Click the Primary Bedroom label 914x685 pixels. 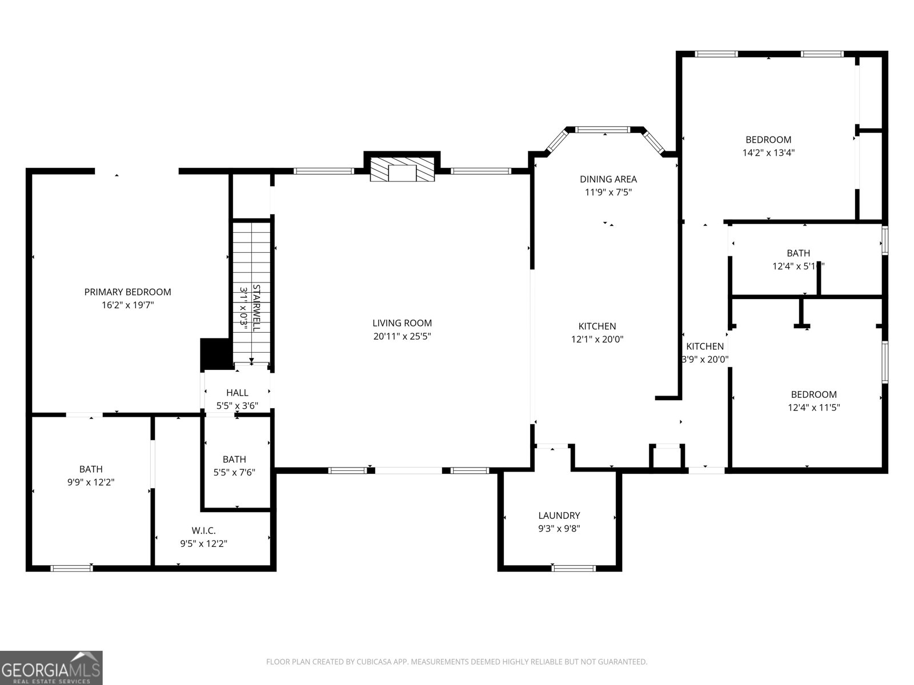point(127,292)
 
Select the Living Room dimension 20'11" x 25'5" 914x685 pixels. point(402,337)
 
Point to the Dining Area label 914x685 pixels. point(608,179)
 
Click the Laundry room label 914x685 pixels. point(559,515)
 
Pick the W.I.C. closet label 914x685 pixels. point(203,530)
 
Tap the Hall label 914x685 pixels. point(237,393)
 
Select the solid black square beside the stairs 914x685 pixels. point(216,354)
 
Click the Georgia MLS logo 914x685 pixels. point(51,668)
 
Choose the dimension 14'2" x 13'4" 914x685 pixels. point(768,153)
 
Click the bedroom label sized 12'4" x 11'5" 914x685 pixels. point(813,394)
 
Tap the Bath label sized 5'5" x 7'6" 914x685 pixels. point(234,459)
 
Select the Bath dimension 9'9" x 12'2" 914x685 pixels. point(91,482)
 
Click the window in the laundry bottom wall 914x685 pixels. point(574,568)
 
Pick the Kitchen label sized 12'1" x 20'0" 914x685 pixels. point(597,327)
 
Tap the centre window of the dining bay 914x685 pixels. point(602,130)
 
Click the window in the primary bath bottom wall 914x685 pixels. point(71,568)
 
